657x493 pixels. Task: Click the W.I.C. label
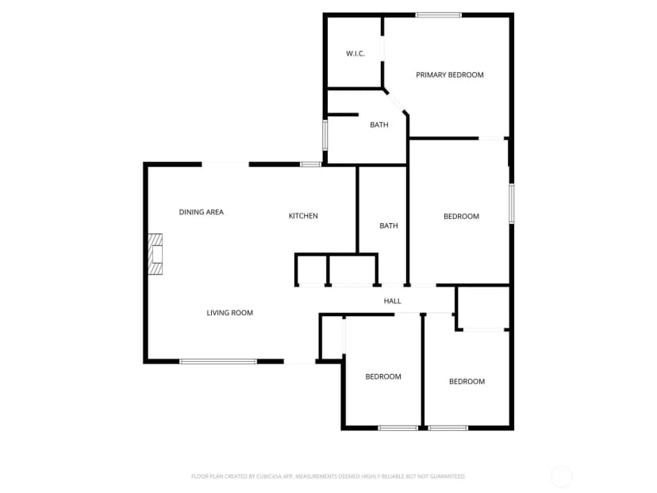point(355,54)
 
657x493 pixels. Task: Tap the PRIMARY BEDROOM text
point(450,75)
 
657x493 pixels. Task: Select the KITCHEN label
point(303,216)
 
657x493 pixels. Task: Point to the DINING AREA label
point(201,212)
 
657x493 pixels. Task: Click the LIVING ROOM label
point(229,313)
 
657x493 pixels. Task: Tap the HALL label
point(392,301)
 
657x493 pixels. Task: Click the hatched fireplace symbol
point(156,254)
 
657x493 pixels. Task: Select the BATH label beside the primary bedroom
point(379,125)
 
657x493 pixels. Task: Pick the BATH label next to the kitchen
point(389,226)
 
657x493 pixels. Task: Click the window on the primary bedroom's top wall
point(439,15)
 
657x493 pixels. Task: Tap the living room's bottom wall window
point(218,361)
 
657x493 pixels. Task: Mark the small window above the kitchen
point(311,164)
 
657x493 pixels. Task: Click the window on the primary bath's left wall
point(325,135)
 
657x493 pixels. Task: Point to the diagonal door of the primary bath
point(395,101)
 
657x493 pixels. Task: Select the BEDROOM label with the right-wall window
point(461,216)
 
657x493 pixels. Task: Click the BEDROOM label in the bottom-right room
point(467,382)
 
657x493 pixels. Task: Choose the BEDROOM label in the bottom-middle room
point(383,376)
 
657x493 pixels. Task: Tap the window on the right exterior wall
point(512,203)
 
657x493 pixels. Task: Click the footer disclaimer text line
point(328,476)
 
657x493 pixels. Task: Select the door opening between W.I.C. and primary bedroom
point(382,48)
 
